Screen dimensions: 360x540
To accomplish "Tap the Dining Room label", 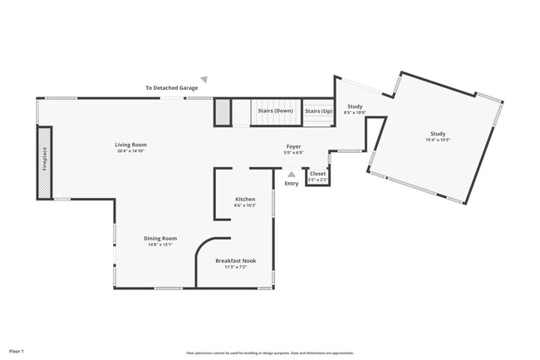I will click(160, 238).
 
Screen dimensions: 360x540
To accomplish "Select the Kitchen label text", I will click(245, 199).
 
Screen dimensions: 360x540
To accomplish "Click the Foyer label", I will click(294, 146).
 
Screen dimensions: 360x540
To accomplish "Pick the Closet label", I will click(317, 174).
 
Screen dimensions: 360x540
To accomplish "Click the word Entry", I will click(292, 183).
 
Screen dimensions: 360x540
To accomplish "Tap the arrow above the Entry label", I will click(291, 175).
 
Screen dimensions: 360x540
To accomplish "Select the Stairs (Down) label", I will click(275, 111).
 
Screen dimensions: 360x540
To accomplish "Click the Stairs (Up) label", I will click(318, 111).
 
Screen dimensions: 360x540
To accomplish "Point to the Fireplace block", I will click(44, 163).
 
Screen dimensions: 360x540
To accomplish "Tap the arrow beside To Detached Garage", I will click(204, 80).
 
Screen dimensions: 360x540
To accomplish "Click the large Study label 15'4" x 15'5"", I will click(437, 135).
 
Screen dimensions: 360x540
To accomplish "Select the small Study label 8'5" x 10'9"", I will click(355, 106).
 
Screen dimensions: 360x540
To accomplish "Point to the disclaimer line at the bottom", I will click(269, 353).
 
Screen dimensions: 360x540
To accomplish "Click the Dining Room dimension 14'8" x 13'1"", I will click(160, 244).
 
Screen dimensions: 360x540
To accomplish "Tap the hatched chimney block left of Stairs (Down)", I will click(222, 112).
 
